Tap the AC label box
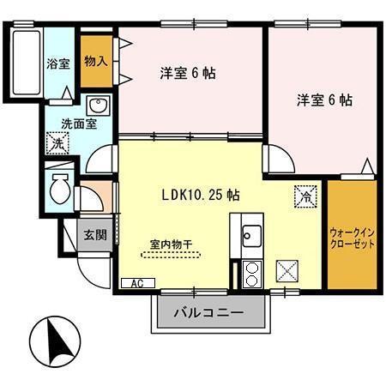click(x=136, y=283)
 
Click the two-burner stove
click(x=252, y=274)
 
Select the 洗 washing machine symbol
click(x=57, y=143)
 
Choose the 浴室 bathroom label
click(x=58, y=63)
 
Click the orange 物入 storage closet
click(x=95, y=61)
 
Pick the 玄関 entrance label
click(x=94, y=234)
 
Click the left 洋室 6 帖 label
click(x=186, y=73)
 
